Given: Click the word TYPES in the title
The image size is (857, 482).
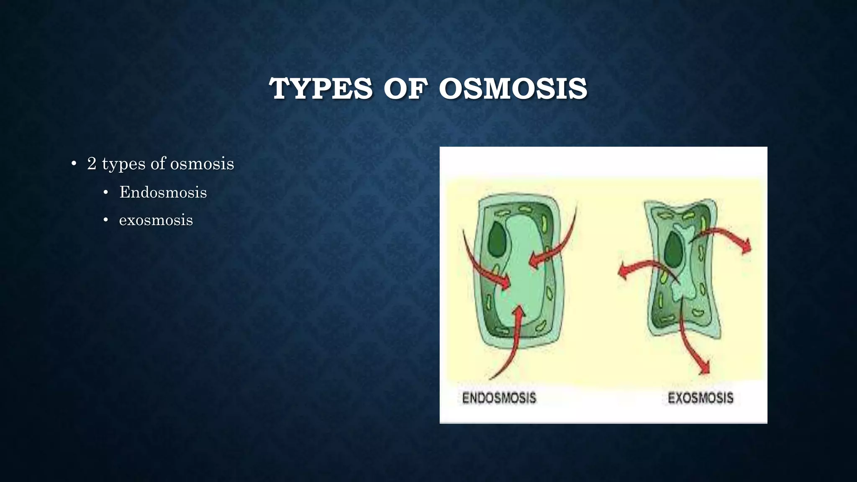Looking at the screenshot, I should (x=321, y=89).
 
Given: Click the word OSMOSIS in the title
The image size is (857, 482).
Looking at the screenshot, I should (x=513, y=89).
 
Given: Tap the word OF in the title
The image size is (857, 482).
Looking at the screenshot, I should (x=405, y=89).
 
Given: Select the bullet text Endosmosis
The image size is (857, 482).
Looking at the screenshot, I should (x=163, y=192).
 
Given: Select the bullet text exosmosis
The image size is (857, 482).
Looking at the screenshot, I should (x=156, y=220).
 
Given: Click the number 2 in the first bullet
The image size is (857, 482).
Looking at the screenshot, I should (x=92, y=164).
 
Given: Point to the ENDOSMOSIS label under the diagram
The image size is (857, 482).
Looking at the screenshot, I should (x=499, y=397).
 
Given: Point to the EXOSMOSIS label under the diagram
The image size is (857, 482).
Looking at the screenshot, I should (x=700, y=397).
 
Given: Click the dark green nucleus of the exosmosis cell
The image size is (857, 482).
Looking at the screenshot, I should (x=674, y=248).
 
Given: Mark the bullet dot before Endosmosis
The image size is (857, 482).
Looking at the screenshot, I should (x=106, y=192).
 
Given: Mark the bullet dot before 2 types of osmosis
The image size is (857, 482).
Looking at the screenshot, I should (x=74, y=164).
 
